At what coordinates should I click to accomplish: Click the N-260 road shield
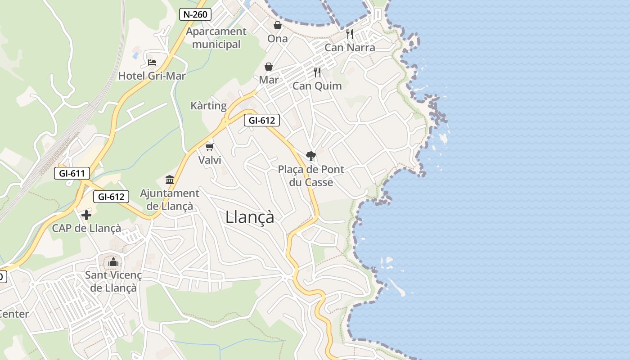tap(195, 14)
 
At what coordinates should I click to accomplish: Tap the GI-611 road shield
tap(72, 173)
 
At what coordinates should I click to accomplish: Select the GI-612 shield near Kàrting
tap(262, 120)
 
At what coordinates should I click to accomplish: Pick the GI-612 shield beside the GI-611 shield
tap(111, 197)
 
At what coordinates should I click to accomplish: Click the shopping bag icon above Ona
tap(278, 25)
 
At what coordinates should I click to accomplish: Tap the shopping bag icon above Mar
tap(269, 67)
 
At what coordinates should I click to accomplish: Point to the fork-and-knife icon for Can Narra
tap(350, 34)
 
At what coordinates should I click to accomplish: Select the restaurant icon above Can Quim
tap(317, 72)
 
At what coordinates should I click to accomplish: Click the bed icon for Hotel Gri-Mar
tap(152, 62)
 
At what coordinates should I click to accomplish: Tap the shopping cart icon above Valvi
tap(209, 146)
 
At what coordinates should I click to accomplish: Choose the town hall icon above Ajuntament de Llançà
tap(170, 180)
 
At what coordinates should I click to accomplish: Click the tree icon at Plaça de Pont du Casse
tap(310, 156)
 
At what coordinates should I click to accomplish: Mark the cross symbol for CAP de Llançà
tap(86, 215)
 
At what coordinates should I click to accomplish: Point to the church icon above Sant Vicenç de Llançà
tap(113, 261)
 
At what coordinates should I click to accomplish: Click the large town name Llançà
tap(250, 217)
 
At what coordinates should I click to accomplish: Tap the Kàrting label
tap(208, 106)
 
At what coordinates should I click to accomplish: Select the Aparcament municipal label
tap(216, 38)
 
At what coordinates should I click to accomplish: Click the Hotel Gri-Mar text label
tap(152, 76)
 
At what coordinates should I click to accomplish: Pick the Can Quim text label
tap(317, 85)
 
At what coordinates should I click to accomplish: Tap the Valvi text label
tap(210, 160)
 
